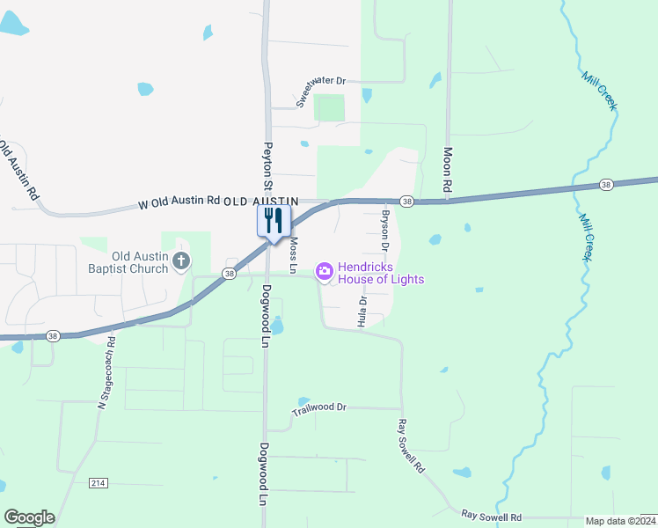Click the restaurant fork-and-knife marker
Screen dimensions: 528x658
coord(274,220)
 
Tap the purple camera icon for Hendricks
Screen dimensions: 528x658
coord(325,272)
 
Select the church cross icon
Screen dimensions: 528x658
coord(181,260)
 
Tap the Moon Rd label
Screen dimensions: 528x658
coord(447,170)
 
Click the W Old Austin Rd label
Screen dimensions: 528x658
coord(179,202)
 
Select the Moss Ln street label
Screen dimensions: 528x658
coord(294,253)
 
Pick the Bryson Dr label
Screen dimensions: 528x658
coord(384,226)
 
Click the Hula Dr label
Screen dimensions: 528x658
coord(362,312)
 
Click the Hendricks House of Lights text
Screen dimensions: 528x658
coord(381,273)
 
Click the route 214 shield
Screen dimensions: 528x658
coord(98,484)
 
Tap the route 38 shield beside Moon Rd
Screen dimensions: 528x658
coord(406,202)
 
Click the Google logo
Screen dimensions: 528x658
coord(29,517)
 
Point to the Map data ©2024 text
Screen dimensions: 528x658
coord(620,521)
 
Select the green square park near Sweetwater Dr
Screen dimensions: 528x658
coord(330,107)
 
